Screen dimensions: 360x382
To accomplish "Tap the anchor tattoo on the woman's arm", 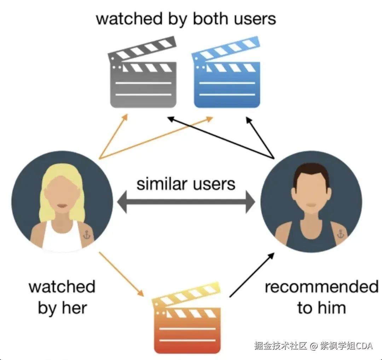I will (x=87, y=234).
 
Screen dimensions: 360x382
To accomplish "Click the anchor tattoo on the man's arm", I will (x=340, y=234).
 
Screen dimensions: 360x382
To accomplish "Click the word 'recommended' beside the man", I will (x=321, y=287).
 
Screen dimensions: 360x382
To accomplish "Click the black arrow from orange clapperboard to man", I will (x=252, y=275).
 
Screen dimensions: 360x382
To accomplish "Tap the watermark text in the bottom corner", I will (x=313, y=345).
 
